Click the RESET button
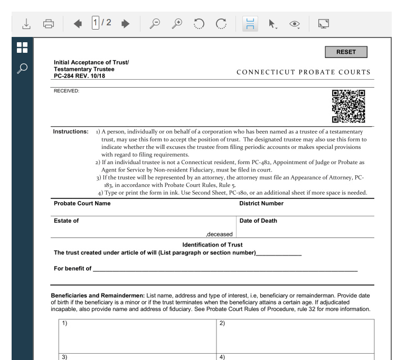[x=347, y=52]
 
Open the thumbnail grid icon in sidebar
[x=22, y=48]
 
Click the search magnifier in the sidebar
[x=22, y=68]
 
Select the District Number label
[x=261, y=203]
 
